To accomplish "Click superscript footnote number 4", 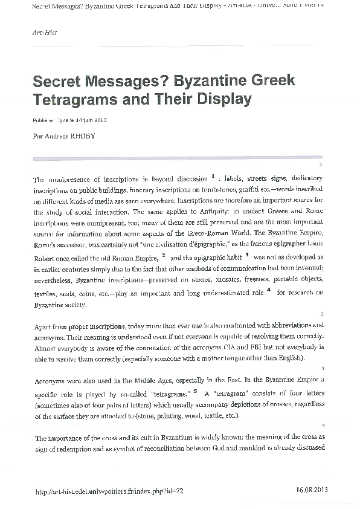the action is click(x=268, y=290).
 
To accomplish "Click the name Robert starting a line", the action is click(x=47, y=258).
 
